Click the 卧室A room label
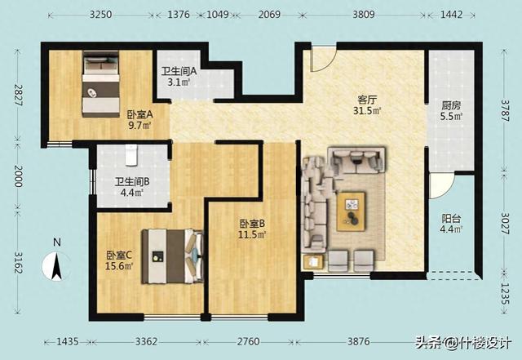pyautogui.click(x=139, y=115)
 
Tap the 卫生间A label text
pyautogui.click(x=179, y=71)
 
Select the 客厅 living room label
pyautogui.click(x=367, y=100)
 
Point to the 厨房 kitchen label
pyautogui.click(x=451, y=105)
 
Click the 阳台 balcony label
pyautogui.click(x=451, y=219)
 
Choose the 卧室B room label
pyautogui.click(x=252, y=224)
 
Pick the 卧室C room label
pyautogui.click(x=119, y=256)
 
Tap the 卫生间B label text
pyautogui.click(x=132, y=182)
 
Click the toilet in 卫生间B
pyautogui.click(x=131, y=155)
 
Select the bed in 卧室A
pyautogui.click(x=101, y=84)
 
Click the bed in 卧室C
pyautogui.click(x=172, y=256)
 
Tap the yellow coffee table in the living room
pyautogui.click(x=351, y=211)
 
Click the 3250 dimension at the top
pyautogui.click(x=100, y=15)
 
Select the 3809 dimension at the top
pyautogui.click(x=364, y=15)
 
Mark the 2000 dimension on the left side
pyautogui.click(x=18, y=176)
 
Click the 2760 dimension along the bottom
pyautogui.click(x=248, y=342)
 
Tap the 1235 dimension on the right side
pyautogui.click(x=505, y=294)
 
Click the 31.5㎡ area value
pyautogui.click(x=367, y=111)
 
